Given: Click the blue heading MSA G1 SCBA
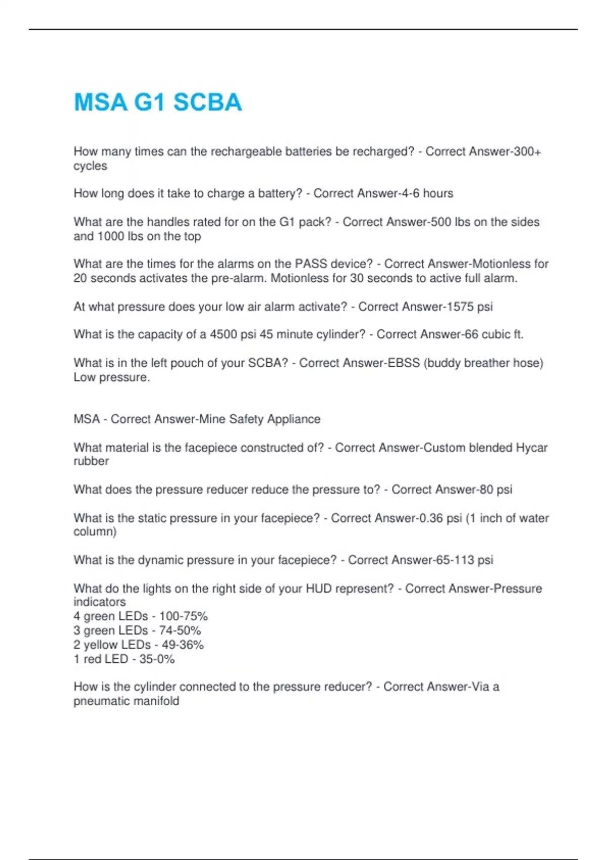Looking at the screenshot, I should pyautogui.click(x=158, y=102).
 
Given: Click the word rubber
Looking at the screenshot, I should pyautogui.click(x=91, y=461).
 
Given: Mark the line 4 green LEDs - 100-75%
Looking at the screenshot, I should pyautogui.click(x=141, y=617).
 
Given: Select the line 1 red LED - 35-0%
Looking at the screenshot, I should pyautogui.click(x=124, y=659).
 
